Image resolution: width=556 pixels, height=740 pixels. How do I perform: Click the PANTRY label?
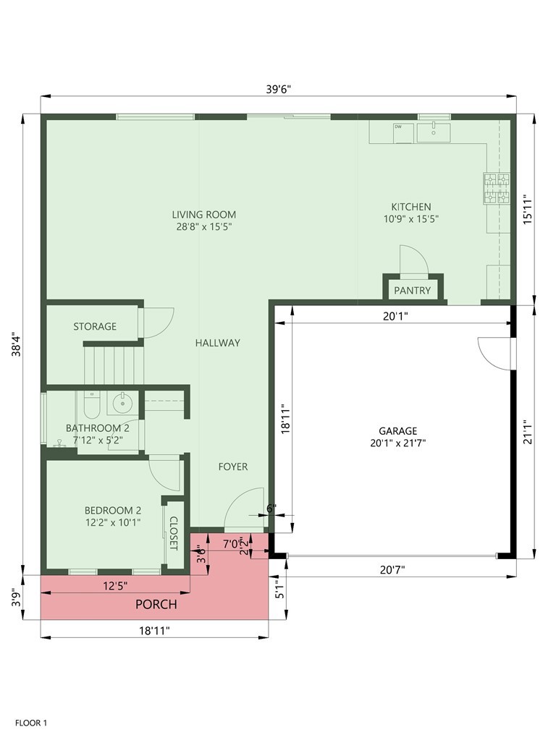413,291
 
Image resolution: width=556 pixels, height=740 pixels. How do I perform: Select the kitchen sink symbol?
433,132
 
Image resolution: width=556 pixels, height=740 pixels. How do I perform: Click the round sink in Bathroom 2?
121,402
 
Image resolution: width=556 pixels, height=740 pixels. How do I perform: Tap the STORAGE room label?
94,326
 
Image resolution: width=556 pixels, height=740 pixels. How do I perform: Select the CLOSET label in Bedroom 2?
173,532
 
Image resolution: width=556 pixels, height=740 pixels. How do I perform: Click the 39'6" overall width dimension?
278,89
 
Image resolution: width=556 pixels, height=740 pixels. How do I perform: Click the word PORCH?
156,604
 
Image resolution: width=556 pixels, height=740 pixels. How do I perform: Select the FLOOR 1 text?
31,722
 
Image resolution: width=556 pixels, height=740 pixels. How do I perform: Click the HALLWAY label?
217,343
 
